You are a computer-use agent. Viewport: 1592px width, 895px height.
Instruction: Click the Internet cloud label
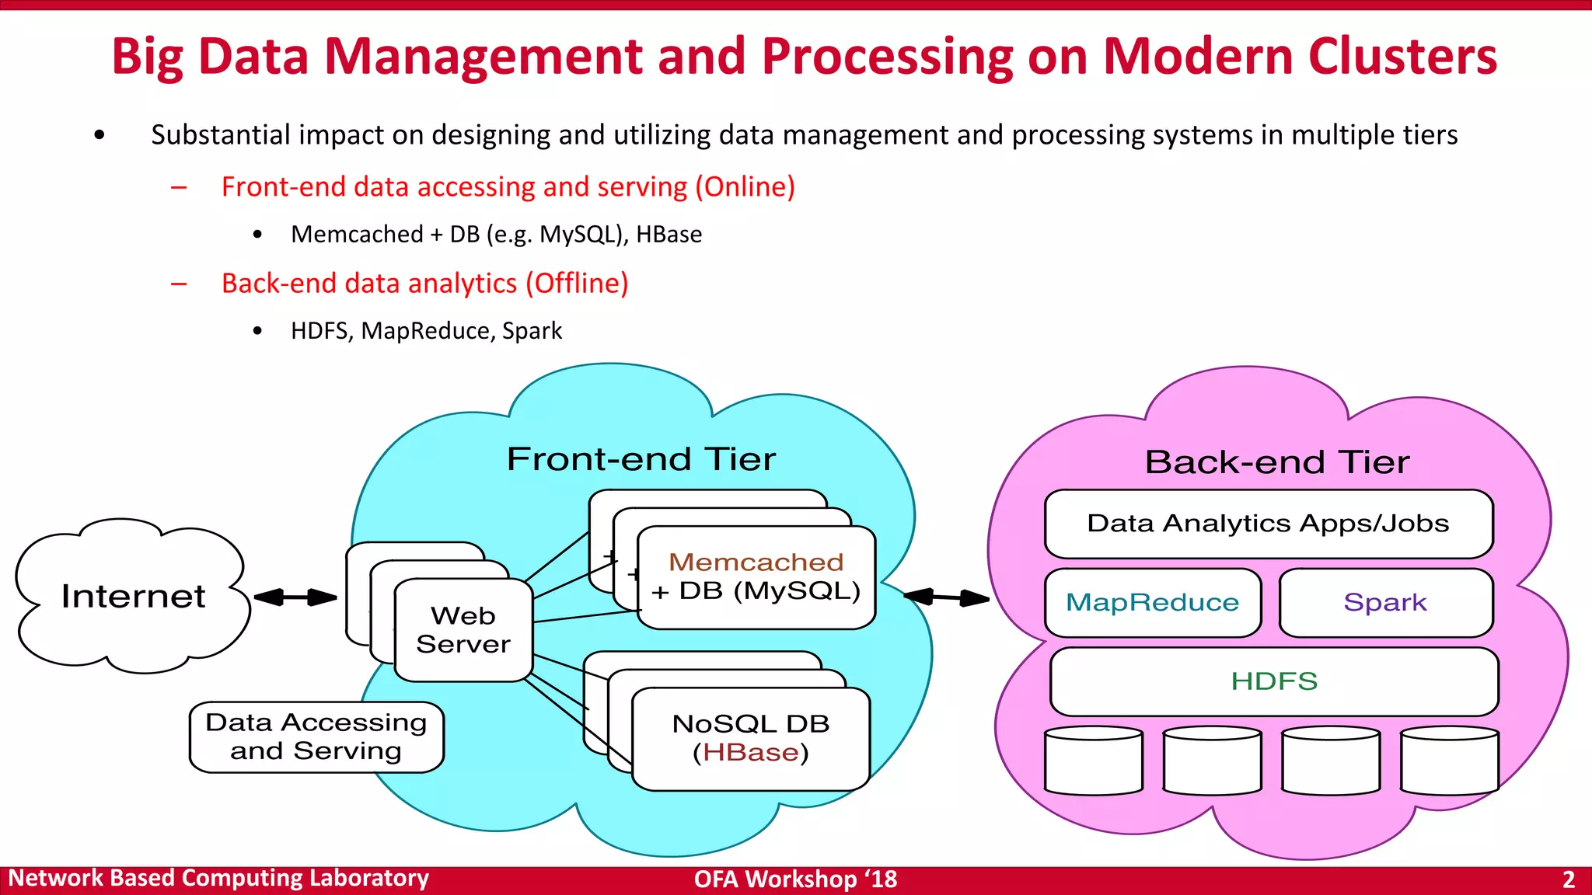tap(133, 596)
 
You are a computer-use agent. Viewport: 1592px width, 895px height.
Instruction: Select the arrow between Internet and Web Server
tap(295, 597)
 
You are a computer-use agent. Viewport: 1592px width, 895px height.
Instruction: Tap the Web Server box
tap(463, 630)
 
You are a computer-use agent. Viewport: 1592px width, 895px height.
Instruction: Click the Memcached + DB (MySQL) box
tap(756, 577)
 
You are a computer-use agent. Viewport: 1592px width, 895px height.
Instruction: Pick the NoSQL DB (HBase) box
tap(751, 738)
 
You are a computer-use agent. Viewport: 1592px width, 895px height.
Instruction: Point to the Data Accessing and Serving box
tap(316, 737)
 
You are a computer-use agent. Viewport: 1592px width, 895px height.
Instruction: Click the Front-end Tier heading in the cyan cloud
tap(641, 459)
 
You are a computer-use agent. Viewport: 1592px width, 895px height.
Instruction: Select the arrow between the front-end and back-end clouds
tap(946, 597)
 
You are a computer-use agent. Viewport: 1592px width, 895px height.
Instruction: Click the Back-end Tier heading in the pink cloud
tap(1276, 462)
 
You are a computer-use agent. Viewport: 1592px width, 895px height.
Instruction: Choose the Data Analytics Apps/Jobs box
tap(1268, 524)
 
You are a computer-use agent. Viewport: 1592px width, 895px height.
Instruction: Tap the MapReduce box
tap(1152, 602)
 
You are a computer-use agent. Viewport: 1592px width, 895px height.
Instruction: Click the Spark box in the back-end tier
tap(1385, 602)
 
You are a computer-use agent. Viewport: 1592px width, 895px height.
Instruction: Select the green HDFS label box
tap(1274, 681)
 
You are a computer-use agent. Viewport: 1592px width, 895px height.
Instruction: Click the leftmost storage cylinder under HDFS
tap(1094, 761)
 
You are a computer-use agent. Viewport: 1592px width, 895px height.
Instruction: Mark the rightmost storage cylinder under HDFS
tap(1449, 761)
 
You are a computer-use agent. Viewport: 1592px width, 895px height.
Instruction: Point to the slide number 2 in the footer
tap(1568, 879)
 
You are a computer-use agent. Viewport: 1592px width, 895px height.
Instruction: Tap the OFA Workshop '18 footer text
tap(795, 879)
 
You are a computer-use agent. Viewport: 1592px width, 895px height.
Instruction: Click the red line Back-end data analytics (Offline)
tap(424, 284)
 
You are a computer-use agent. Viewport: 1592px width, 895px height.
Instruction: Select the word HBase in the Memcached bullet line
tap(669, 235)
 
